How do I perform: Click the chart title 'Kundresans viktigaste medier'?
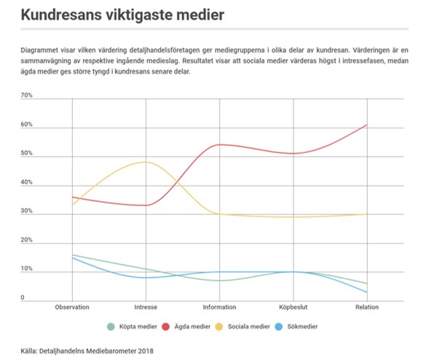[x=122, y=15]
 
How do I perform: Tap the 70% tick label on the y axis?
[x=26, y=95]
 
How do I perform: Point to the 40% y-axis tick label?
[x=26, y=182]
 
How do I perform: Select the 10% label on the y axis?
[x=26, y=268]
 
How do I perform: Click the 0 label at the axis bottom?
[x=23, y=297]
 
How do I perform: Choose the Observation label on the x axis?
[x=72, y=307]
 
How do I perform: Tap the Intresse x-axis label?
[x=146, y=307]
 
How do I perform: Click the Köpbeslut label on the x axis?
[x=294, y=307]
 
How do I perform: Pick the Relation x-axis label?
[x=367, y=307]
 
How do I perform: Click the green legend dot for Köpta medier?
[x=111, y=326]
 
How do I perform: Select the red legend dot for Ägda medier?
[x=165, y=326]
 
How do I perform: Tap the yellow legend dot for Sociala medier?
[x=219, y=326]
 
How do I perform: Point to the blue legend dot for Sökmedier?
[x=279, y=326]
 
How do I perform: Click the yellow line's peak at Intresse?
[x=146, y=162]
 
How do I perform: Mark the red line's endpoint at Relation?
[x=367, y=125]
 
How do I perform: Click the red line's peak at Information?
[x=220, y=145]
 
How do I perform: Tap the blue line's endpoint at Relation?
[x=367, y=292]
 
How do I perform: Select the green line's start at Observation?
[x=73, y=254]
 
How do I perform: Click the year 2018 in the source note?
[x=146, y=351]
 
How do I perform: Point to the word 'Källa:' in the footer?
[x=29, y=351]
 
